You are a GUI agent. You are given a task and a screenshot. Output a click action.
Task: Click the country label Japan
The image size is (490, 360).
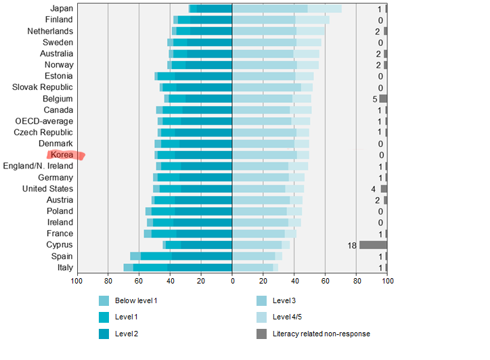[x=62, y=9]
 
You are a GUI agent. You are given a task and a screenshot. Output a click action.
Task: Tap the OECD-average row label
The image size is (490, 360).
[x=45, y=121]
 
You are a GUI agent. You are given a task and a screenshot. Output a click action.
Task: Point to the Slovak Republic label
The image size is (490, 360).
[x=43, y=87]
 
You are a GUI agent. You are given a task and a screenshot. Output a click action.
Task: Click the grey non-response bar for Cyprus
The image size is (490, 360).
[x=373, y=245]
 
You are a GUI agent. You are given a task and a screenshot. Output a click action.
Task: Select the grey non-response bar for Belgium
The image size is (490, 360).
[x=383, y=99]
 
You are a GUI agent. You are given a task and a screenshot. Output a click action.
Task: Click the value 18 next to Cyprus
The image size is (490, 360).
[x=352, y=245]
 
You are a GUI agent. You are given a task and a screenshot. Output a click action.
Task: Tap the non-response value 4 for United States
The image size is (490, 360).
[x=373, y=189]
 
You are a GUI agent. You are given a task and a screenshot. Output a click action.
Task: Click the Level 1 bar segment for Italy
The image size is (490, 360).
[x=147, y=267]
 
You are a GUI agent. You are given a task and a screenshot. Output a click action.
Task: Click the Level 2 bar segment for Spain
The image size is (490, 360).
[x=201, y=256]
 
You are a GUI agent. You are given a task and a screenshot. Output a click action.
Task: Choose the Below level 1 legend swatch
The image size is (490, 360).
[x=104, y=300]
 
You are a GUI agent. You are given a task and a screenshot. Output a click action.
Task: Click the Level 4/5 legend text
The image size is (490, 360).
[x=288, y=317]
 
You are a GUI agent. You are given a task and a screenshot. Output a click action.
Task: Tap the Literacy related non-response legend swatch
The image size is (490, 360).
[x=261, y=334]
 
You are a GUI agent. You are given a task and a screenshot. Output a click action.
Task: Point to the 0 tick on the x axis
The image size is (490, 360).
[x=232, y=281]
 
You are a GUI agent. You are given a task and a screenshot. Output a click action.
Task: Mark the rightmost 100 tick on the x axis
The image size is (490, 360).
[x=387, y=281]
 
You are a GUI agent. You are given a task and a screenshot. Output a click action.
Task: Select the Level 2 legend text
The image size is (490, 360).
[x=127, y=334]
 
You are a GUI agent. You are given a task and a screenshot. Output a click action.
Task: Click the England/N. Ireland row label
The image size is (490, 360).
[x=38, y=166]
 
